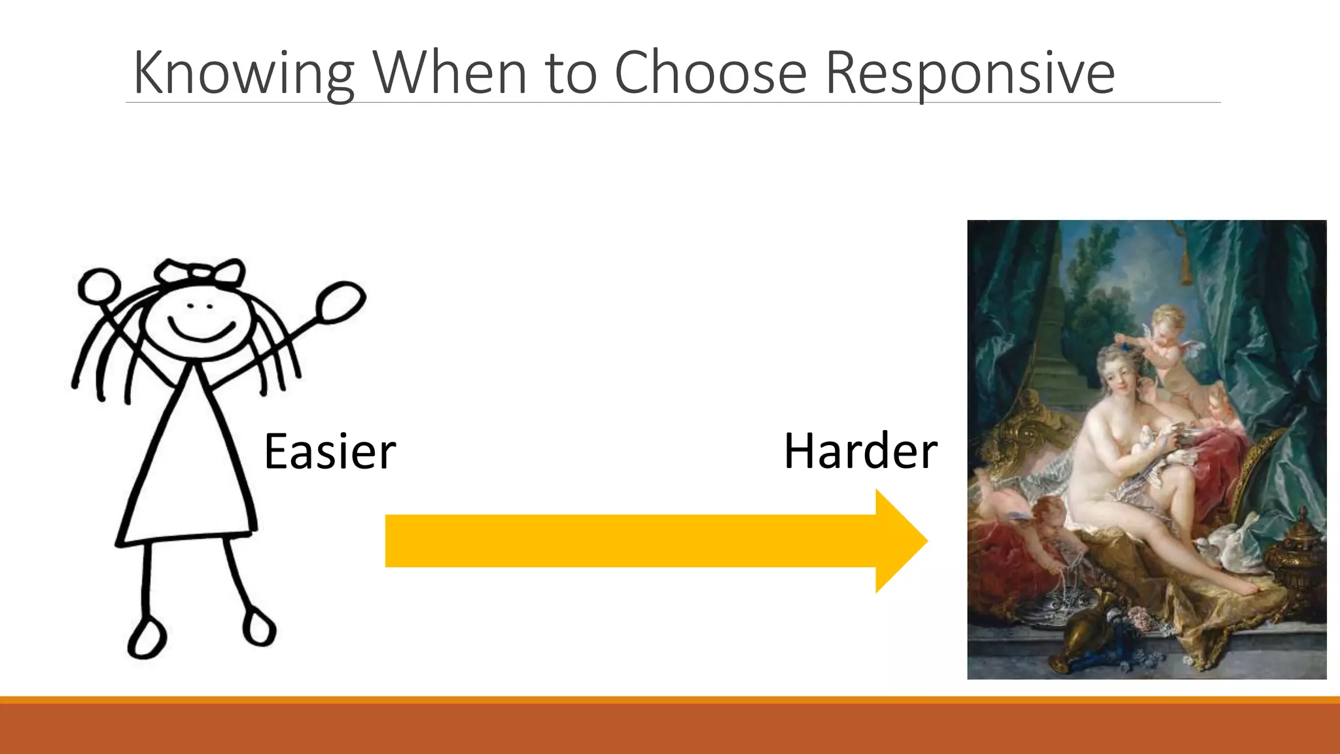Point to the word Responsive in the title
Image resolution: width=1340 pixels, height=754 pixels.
970,73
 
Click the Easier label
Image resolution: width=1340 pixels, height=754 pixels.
330,452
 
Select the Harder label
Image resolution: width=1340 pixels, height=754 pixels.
860,452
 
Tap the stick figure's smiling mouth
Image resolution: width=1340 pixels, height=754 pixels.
201,329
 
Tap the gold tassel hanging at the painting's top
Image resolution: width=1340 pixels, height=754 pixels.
1185,268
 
